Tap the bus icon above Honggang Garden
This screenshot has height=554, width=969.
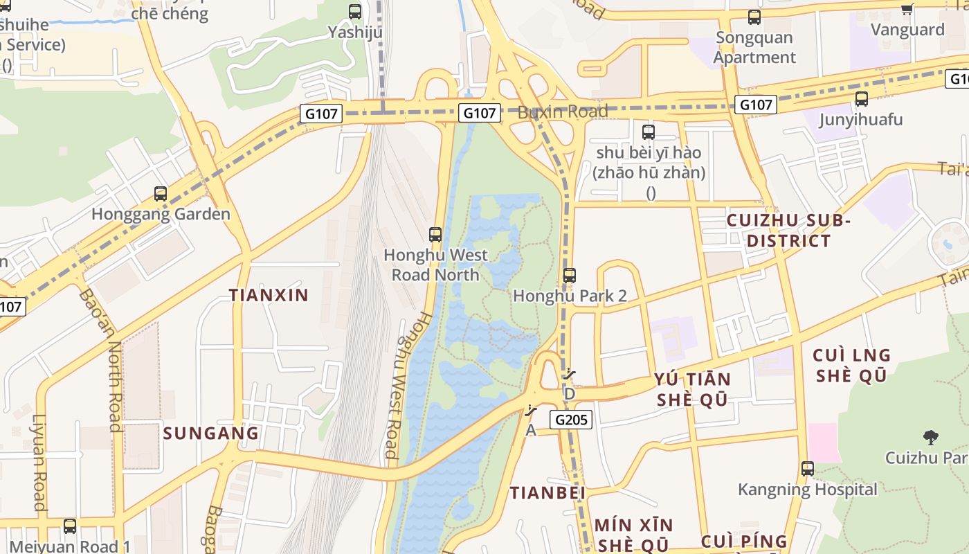pyautogui.click(x=161, y=194)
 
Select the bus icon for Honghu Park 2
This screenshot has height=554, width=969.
pyautogui.click(x=569, y=276)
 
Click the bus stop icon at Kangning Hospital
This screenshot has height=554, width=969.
pyautogui.click(x=808, y=469)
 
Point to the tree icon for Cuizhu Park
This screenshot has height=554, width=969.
pyautogui.click(x=930, y=437)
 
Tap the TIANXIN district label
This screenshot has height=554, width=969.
pyautogui.click(x=269, y=295)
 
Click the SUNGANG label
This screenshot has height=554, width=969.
pyautogui.click(x=210, y=434)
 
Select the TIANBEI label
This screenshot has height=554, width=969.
pyautogui.click(x=547, y=493)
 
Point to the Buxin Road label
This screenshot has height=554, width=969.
pyautogui.click(x=563, y=111)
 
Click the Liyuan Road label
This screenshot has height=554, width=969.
pyautogui.click(x=39, y=462)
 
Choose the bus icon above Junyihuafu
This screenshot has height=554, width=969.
pyautogui.click(x=861, y=99)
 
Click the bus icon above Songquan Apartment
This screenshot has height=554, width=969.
pyautogui.click(x=754, y=17)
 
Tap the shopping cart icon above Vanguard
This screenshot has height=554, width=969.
pyautogui.click(x=907, y=9)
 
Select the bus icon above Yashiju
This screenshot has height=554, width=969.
pyautogui.click(x=355, y=11)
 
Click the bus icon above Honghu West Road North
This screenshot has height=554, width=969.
pyautogui.click(x=435, y=235)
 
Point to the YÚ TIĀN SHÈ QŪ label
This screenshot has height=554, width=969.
pyautogui.click(x=692, y=390)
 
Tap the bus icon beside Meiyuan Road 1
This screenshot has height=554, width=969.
pyautogui.click(x=70, y=526)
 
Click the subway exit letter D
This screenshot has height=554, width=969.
pyautogui.click(x=570, y=393)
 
